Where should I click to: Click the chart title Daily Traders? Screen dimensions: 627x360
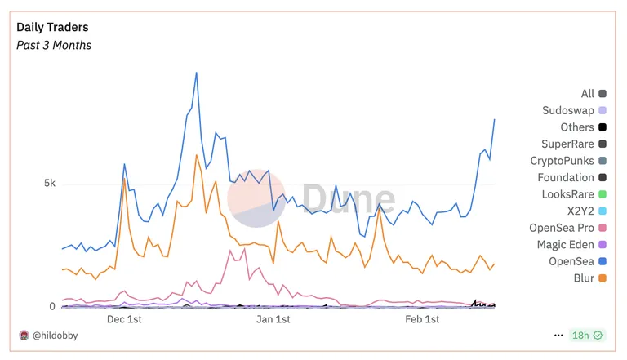(52, 27)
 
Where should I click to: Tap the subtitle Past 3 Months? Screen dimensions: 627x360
(54, 45)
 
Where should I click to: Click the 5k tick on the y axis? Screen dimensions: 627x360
(50, 183)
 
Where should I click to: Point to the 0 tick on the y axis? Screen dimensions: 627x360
(52, 306)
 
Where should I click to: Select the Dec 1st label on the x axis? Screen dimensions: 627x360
(124, 319)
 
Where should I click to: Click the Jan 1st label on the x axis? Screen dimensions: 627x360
(273, 319)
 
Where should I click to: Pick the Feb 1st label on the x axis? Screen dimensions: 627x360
(422, 319)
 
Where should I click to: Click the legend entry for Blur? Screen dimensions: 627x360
(589, 278)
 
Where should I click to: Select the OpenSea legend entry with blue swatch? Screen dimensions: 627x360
(577, 261)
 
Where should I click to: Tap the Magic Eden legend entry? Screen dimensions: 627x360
(571, 244)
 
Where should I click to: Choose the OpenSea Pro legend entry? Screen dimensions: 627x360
(568, 228)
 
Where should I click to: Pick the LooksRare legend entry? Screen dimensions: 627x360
(574, 194)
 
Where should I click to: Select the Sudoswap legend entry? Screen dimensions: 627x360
(574, 110)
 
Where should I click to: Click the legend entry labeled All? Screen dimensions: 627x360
(594, 94)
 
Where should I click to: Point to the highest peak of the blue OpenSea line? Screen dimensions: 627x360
(196, 73)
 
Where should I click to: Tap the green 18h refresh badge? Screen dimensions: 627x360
(587, 336)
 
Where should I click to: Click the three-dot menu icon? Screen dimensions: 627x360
(558, 336)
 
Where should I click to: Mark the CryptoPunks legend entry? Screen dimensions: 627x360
(568, 161)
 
